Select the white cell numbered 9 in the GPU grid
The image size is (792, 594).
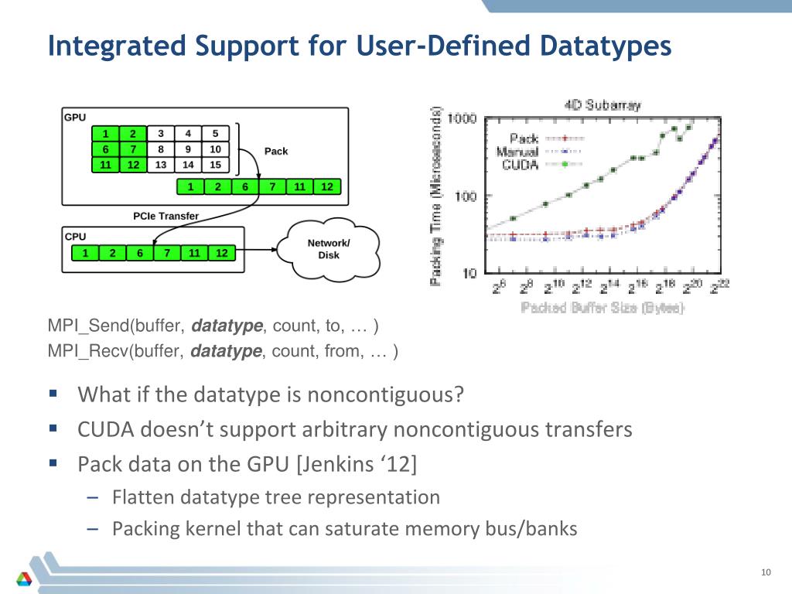pos(188,149)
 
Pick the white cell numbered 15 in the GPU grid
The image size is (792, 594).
pos(215,165)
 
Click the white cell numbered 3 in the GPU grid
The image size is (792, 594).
pos(160,133)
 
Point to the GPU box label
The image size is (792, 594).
pos(75,118)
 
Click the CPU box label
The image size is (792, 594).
pos(75,237)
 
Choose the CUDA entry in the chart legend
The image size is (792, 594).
pos(521,165)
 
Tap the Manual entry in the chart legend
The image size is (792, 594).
pos(518,152)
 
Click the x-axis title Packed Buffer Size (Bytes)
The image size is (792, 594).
pos(603,308)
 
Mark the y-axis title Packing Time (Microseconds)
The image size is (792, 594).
pos(437,196)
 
